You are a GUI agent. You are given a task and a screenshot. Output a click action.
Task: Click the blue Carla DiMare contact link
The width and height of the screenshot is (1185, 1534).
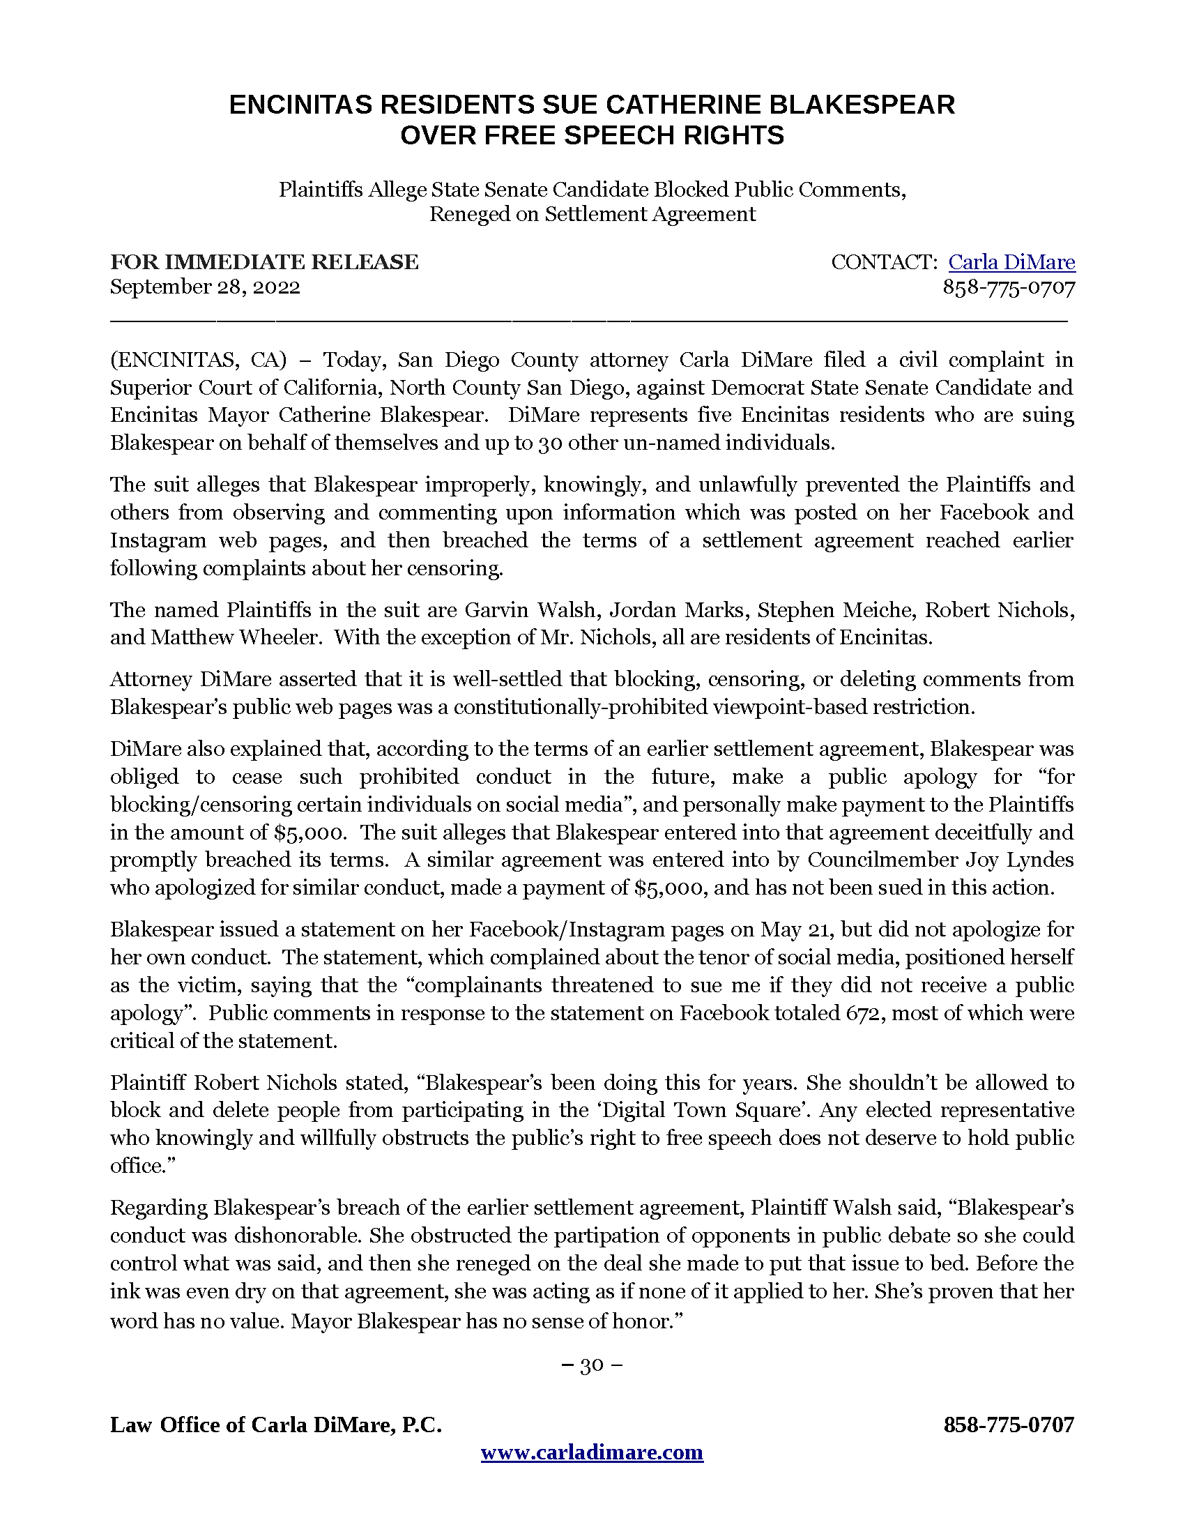(x=1011, y=262)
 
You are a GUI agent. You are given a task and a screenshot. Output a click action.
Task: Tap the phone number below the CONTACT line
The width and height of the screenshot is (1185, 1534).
(x=1008, y=287)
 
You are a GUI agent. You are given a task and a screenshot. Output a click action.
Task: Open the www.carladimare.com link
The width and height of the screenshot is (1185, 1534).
(x=592, y=1452)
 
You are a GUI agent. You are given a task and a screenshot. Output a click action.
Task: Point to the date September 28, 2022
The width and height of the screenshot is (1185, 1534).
(x=205, y=287)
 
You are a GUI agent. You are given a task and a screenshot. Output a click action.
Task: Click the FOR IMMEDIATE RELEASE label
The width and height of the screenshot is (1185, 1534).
(x=264, y=262)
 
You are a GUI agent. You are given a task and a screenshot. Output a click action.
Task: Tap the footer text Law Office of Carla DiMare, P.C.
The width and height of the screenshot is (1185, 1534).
(x=276, y=1425)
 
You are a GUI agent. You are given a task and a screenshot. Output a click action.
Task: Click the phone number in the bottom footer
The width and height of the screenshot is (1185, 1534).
(x=1008, y=1425)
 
